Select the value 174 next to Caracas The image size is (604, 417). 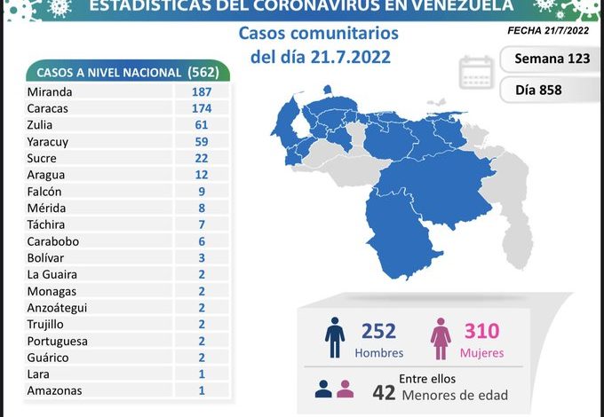tap(201, 108)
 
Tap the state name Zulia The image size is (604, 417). tap(41, 125)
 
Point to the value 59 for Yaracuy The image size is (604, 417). tap(201, 141)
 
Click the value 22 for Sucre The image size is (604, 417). tap(201, 158)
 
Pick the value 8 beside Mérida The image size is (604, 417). tap(201, 208)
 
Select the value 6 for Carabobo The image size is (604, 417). tap(201, 241)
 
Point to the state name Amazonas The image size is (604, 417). tap(55, 391)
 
